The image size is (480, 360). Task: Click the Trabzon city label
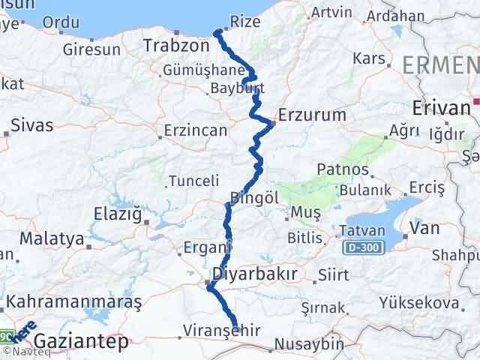click(x=177, y=46)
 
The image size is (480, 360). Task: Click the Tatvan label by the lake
click(x=363, y=229)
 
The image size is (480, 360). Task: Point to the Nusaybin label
click(x=309, y=343)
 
